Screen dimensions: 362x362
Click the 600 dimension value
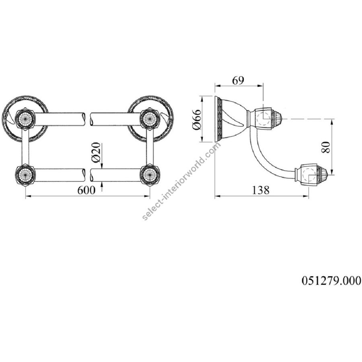click(86, 190)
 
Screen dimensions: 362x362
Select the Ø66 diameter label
click(197, 119)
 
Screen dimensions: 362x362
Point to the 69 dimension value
click(238, 80)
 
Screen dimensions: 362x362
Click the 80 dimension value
click(325, 147)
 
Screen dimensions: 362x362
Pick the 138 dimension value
click(261, 190)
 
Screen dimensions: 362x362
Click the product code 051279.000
click(331, 281)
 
